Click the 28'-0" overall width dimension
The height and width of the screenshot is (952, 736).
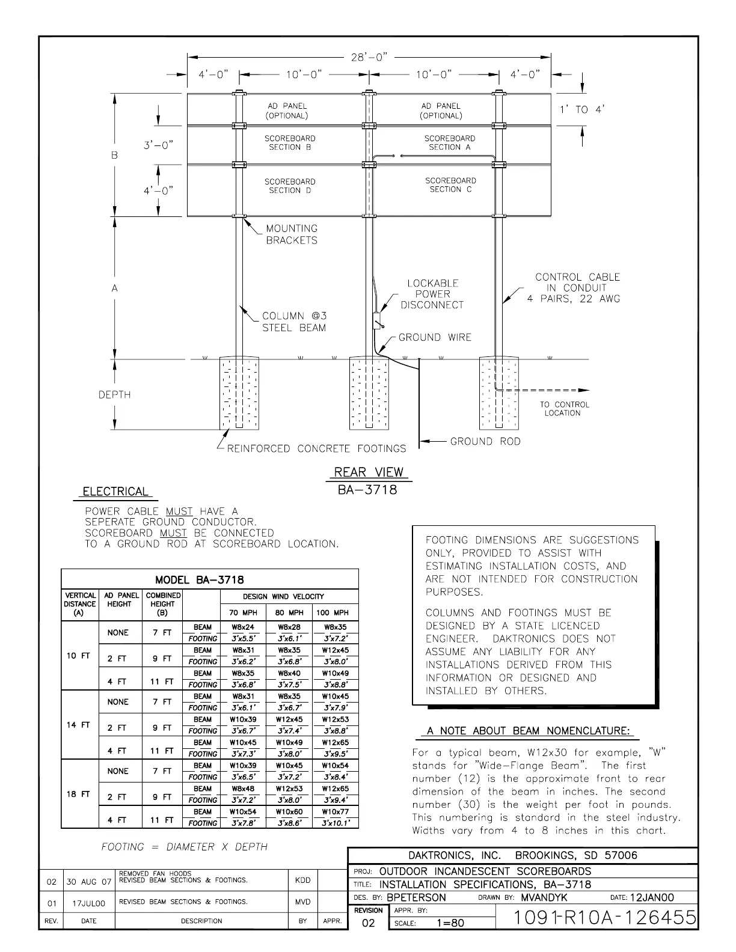[x=369, y=57]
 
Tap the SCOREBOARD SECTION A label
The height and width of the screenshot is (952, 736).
[x=450, y=142]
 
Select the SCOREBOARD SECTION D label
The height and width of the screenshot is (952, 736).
[x=290, y=186]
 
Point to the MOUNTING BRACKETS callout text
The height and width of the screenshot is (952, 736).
[x=292, y=234]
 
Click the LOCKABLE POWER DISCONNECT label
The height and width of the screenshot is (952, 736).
[x=432, y=294]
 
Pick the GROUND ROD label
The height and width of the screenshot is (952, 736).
[x=485, y=441]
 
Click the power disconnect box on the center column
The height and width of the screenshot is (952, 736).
[x=378, y=319]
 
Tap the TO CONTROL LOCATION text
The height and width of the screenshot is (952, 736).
[x=564, y=409]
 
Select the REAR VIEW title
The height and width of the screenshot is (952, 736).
[x=369, y=472]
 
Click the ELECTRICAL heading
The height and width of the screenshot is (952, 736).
[x=115, y=492]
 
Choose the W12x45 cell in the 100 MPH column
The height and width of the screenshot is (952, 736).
[x=335, y=650]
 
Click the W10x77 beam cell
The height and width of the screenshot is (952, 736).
[x=335, y=812]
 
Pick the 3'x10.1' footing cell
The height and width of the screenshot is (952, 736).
[x=335, y=823]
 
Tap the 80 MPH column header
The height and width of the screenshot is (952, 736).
[x=289, y=613]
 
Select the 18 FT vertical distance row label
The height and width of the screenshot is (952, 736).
[x=78, y=794]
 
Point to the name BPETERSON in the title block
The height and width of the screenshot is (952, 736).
[x=416, y=897]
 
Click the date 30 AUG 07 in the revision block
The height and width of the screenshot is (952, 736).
[x=89, y=882]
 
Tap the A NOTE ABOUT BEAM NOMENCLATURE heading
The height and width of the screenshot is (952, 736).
[x=529, y=731]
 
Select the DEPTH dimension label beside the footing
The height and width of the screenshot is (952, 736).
[x=114, y=395]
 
